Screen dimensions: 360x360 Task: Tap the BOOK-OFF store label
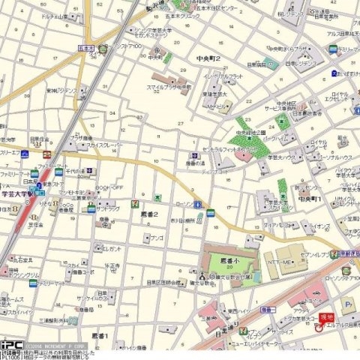[109, 187]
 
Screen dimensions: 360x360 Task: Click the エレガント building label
[112, 247]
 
